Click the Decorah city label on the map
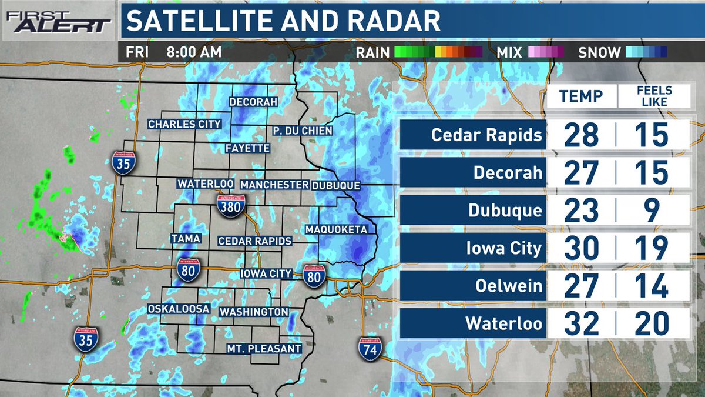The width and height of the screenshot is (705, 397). pyautogui.click(x=253, y=102)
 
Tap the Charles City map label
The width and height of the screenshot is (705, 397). pyautogui.click(x=184, y=124)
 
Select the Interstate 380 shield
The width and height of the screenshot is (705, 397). pyautogui.click(x=231, y=206)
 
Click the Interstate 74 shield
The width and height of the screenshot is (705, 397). pyautogui.click(x=370, y=347)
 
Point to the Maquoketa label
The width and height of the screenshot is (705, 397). pyautogui.click(x=336, y=229)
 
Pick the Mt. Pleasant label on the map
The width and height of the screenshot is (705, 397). pyautogui.click(x=264, y=349)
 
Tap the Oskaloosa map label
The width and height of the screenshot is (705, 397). pyautogui.click(x=179, y=309)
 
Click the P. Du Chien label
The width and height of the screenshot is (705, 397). pyautogui.click(x=303, y=131)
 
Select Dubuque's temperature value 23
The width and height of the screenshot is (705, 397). pyautogui.click(x=582, y=211)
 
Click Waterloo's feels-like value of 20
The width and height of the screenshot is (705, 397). pyautogui.click(x=652, y=323)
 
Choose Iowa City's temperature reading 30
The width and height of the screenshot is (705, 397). pyautogui.click(x=582, y=248)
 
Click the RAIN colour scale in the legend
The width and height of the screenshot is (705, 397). pyautogui.click(x=438, y=52)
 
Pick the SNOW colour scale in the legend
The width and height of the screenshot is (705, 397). pyautogui.click(x=646, y=52)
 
